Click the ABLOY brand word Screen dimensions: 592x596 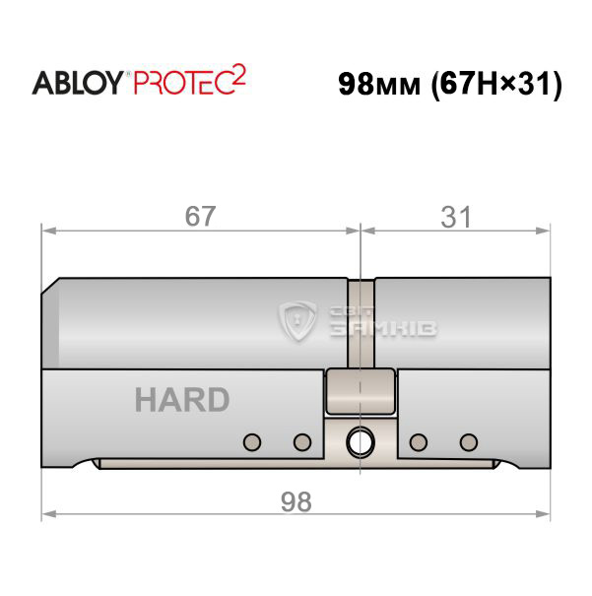78,83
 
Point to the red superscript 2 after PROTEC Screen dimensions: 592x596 238,75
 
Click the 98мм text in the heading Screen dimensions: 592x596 379,84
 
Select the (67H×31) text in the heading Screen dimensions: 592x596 496,84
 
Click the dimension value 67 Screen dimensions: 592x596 200,216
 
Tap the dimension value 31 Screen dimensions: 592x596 456,217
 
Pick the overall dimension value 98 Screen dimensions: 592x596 296,501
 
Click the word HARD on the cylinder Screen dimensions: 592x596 182,400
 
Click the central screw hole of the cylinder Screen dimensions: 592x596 361,442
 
